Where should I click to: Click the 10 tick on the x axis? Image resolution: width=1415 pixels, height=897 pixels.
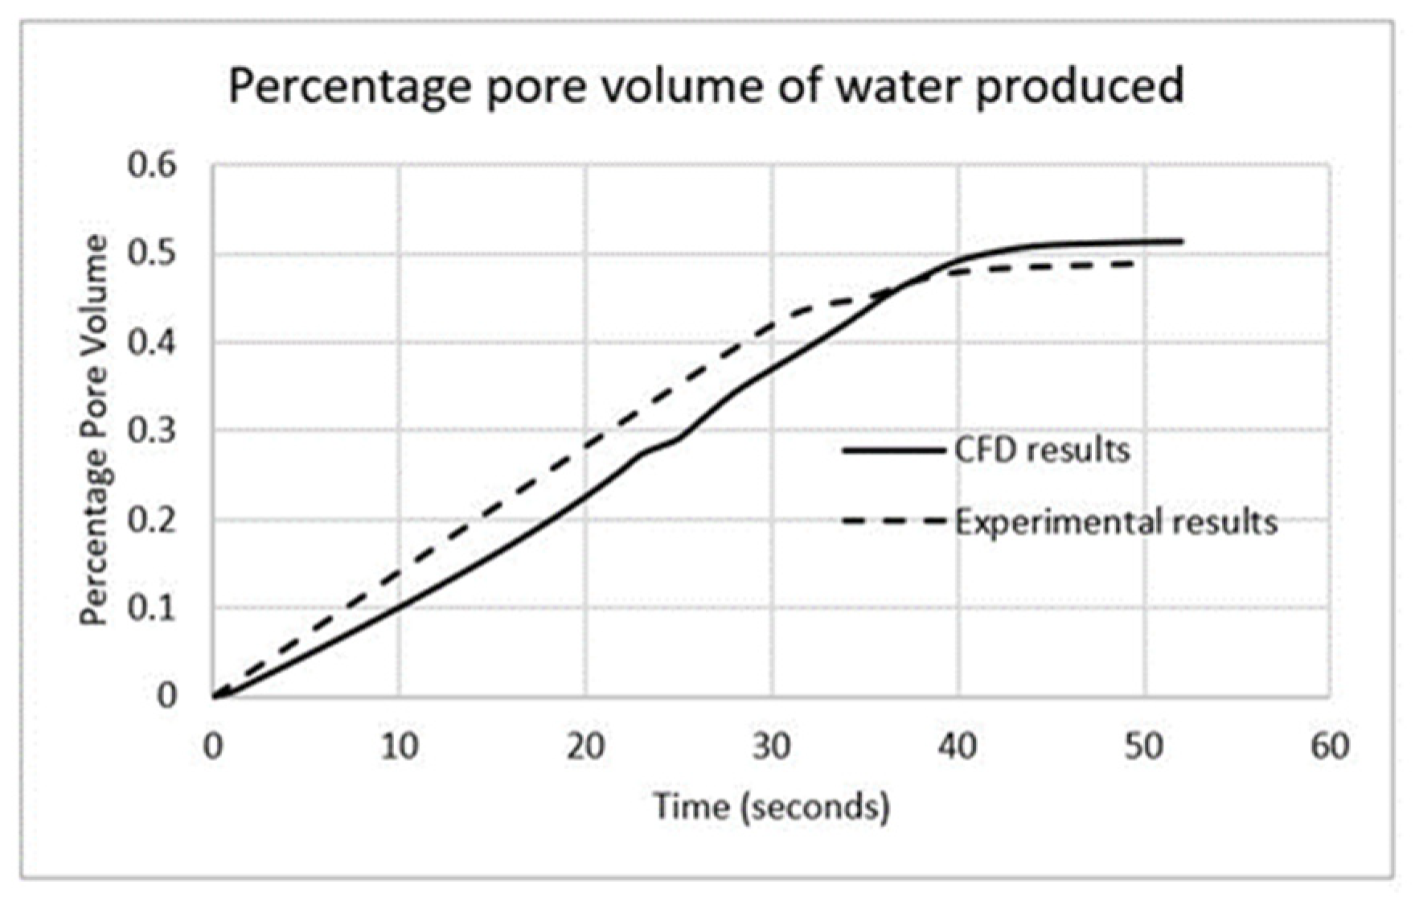[399, 747]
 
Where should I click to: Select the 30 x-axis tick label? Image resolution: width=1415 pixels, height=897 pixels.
[772, 747]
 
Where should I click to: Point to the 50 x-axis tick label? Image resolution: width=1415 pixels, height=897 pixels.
[1144, 747]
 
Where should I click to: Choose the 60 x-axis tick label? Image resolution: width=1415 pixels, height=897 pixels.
[1330, 747]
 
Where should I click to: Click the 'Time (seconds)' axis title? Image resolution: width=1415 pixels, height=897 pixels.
[771, 806]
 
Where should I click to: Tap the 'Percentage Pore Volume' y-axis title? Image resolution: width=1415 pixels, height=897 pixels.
[94, 430]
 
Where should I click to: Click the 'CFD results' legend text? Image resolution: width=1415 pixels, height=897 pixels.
[1042, 451]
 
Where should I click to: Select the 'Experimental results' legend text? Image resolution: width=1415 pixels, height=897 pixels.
[1116, 523]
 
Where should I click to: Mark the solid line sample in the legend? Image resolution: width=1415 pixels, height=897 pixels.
[892, 451]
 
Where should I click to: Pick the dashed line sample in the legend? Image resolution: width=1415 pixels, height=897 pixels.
[892, 522]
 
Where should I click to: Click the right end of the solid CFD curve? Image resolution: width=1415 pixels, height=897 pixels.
[1181, 241]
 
